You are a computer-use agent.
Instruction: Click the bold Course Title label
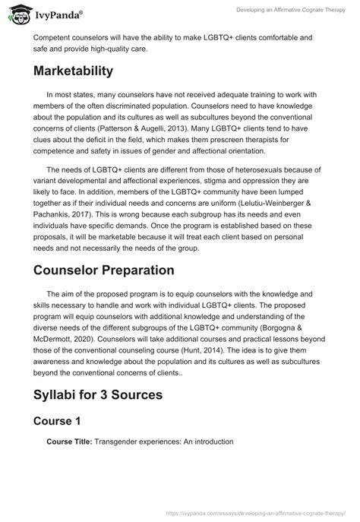tap(69, 441)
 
